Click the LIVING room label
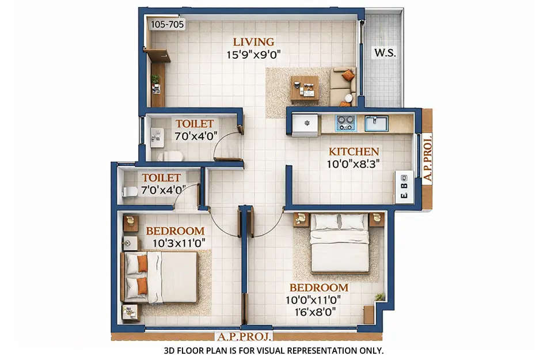(253, 42)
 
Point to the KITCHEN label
(354, 151)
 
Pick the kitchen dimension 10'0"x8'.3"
(354, 164)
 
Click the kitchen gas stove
(345, 123)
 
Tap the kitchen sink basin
(376, 123)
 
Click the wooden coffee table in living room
(305, 88)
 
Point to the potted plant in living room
(155, 81)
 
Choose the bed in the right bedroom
(340, 242)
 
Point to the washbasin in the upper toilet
(155, 135)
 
